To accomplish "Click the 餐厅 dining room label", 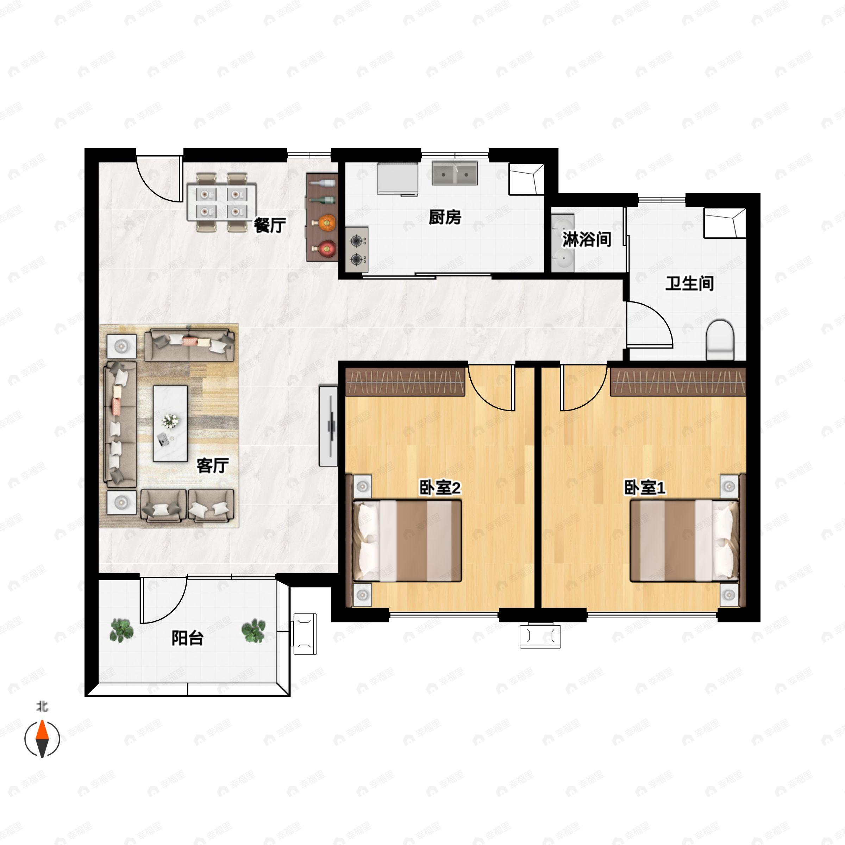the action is pyautogui.click(x=270, y=226).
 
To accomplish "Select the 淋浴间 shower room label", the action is pyautogui.click(x=587, y=239).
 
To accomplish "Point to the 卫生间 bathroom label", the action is pyautogui.click(x=690, y=283).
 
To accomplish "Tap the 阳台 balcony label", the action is pyautogui.click(x=188, y=638).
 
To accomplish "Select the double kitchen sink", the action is pyautogui.click(x=455, y=173).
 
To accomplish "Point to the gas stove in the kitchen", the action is pyautogui.click(x=358, y=249).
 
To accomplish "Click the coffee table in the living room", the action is pyautogui.click(x=170, y=423).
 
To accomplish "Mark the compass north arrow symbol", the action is pyautogui.click(x=42, y=739).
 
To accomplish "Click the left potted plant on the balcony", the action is pyautogui.click(x=121, y=630).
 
